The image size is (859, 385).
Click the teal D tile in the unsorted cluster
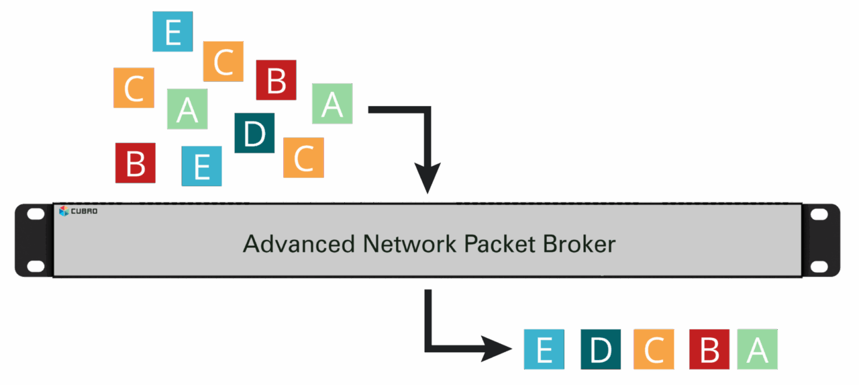tap(254, 133)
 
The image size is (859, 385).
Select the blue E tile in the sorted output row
tap(544, 349)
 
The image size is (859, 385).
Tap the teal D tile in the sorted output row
tap(600, 349)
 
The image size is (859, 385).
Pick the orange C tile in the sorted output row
tap(654, 349)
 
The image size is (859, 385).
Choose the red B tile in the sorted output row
tap(709, 349)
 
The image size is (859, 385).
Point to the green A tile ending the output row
tap(758, 349)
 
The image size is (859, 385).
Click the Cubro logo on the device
tap(79, 211)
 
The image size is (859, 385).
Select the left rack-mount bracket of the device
tap(34, 240)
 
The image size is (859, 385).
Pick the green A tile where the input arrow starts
tap(332, 103)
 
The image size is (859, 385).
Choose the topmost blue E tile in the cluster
tap(172, 32)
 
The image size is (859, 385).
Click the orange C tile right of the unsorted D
tap(303, 158)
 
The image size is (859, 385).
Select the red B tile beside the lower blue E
tap(136, 163)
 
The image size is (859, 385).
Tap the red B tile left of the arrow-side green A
tap(276, 80)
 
